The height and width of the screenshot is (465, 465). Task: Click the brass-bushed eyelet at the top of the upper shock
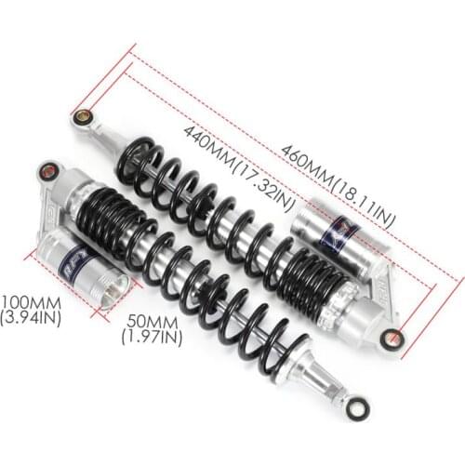click(83, 117)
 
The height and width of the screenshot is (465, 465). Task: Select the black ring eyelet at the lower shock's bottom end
click(354, 407)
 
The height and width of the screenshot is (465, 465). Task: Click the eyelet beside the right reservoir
click(393, 339)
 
